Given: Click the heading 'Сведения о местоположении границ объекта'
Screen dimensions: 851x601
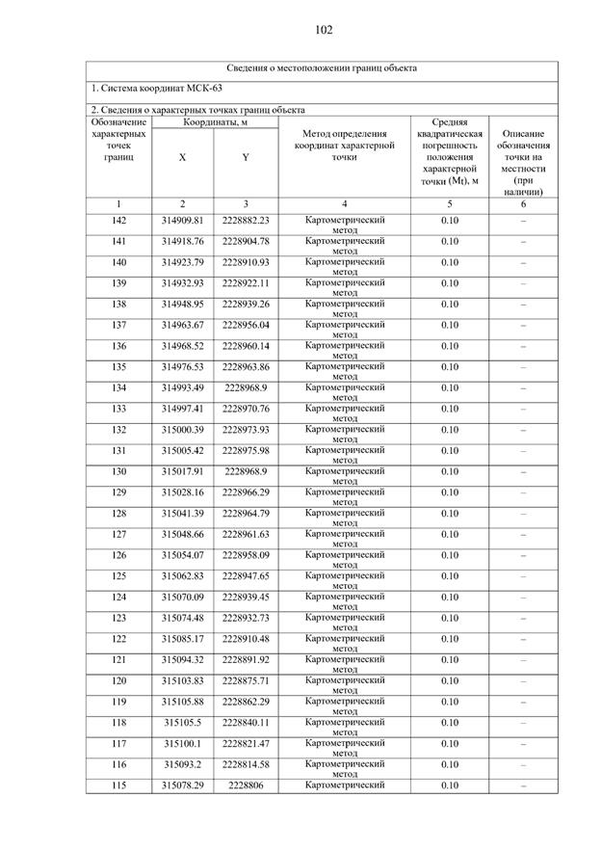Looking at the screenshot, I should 322,68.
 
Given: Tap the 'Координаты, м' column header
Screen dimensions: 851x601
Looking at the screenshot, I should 215,122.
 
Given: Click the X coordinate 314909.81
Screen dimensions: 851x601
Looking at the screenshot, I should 182,221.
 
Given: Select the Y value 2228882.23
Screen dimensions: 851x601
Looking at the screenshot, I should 246,221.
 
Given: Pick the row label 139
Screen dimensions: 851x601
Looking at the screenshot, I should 118,283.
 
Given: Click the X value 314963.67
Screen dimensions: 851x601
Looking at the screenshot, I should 182,325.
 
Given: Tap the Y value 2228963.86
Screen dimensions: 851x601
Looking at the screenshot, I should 246,367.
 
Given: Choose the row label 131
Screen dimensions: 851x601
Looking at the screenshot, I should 118,451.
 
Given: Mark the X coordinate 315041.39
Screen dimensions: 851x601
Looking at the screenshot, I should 182,514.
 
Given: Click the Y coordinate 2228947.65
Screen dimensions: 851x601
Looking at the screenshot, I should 246,576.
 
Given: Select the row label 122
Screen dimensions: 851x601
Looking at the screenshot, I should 118,639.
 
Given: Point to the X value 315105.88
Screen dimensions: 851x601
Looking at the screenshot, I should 182,702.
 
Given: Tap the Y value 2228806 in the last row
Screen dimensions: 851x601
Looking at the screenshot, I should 246,785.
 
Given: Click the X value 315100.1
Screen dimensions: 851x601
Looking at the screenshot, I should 182,744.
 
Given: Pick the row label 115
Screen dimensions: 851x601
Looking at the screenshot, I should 118,785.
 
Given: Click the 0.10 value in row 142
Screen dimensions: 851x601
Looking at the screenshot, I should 450,221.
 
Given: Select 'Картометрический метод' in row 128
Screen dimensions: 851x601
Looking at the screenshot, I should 345,518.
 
